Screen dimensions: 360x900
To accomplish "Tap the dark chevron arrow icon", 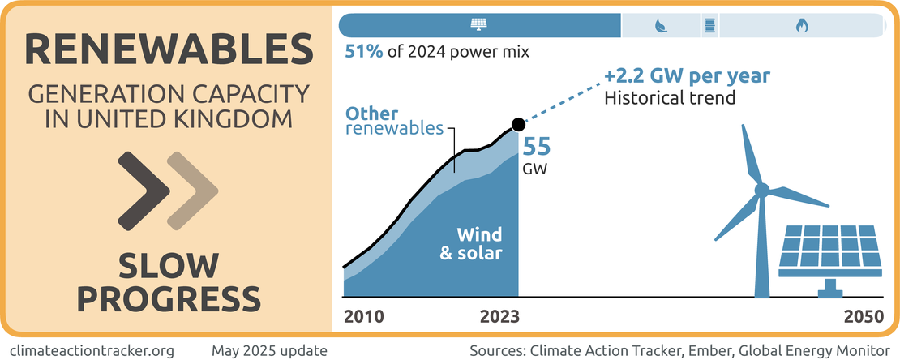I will click(x=144, y=191).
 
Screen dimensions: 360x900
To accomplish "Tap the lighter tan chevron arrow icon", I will click(x=191, y=191).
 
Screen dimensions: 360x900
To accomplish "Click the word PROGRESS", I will click(x=169, y=298).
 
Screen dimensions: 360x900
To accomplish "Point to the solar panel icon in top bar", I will click(x=478, y=25).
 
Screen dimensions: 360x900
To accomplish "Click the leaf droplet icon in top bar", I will click(x=661, y=26).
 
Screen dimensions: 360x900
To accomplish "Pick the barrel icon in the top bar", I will click(x=710, y=26).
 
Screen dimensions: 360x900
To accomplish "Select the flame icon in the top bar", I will click(x=802, y=26).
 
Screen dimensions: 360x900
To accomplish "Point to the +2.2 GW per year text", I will click(x=686, y=78).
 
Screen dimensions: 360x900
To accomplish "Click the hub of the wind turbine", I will click(x=761, y=190).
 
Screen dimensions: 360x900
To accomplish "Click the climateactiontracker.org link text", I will click(x=93, y=350).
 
